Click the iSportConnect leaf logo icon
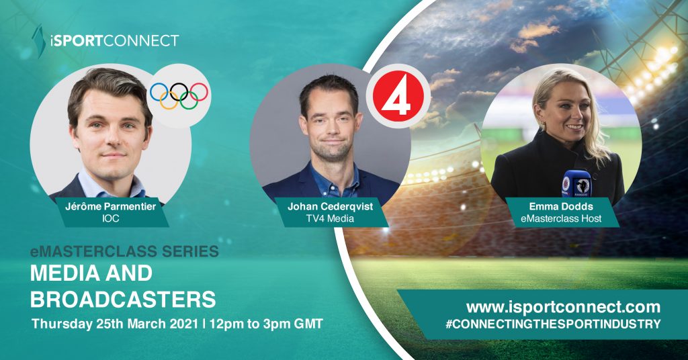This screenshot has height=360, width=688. tap(39, 41)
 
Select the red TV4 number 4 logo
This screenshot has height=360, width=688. tap(398, 97)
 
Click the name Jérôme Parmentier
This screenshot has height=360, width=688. tap(111, 206)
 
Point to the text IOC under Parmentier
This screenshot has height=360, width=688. tap(110, 218)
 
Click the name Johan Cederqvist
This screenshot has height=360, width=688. tap(331, 206)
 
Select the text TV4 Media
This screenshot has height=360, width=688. tap(330, 218)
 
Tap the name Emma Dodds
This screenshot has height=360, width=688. tap(561, 206)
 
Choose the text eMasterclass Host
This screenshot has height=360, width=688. tap(561, 218)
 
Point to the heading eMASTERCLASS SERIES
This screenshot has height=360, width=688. tap(124, 251)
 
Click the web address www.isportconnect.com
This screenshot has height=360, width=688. tap(564, 306)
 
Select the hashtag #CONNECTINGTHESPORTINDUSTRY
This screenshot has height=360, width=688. tap(553, 324)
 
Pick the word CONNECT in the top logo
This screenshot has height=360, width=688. tap(141, 41)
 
